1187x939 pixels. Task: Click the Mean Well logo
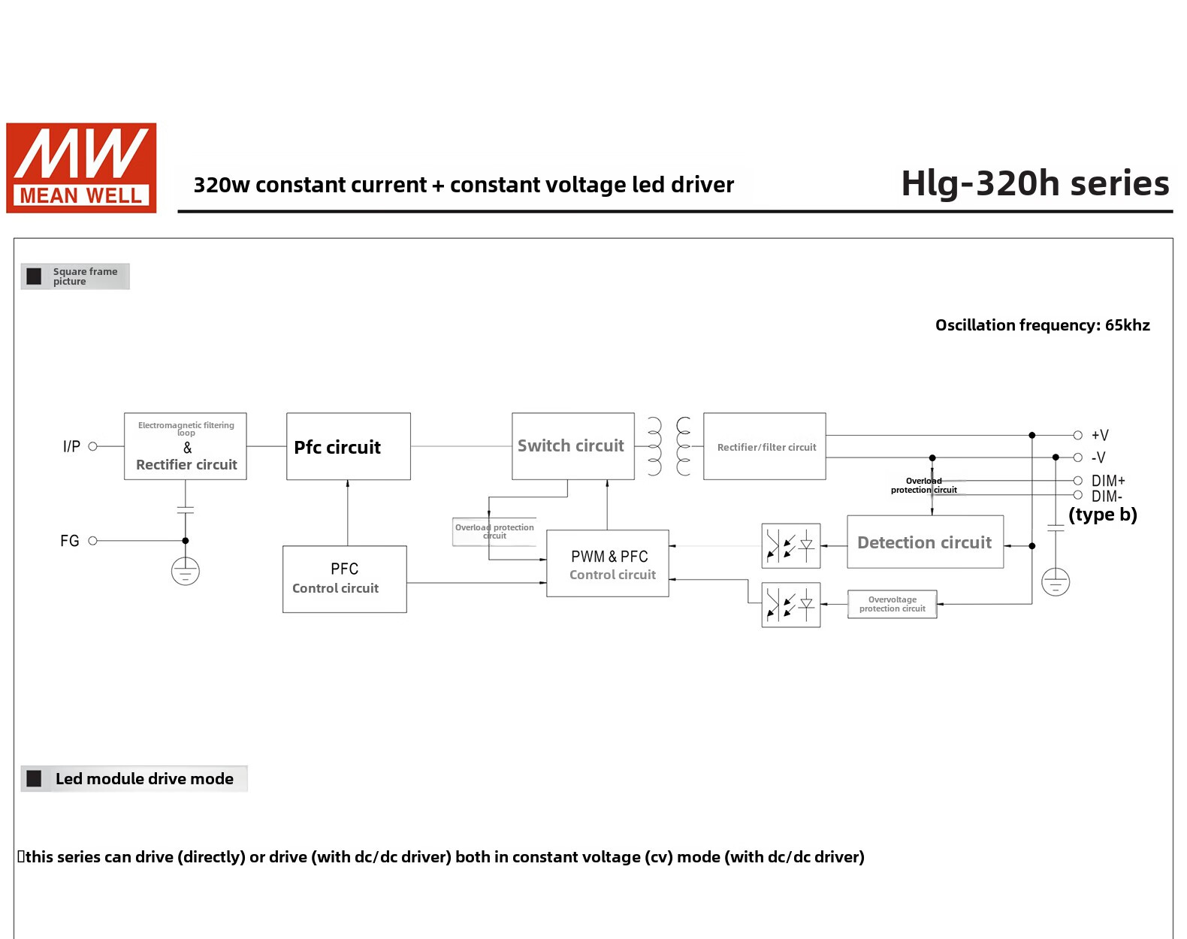pos(81,168)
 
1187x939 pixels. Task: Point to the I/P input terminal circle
pos(92,446)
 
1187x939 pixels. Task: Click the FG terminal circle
pos(92,541)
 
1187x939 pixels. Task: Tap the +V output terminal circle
pos(1077,435)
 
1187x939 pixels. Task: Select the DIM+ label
pos(1107,481)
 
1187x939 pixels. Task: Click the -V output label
pos(1098,457)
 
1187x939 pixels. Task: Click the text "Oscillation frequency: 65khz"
pos(1042,325)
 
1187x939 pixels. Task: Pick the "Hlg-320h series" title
pos(1034,183)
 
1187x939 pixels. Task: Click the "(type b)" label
pos(1102,515)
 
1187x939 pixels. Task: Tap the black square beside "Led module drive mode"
pos(35,778)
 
